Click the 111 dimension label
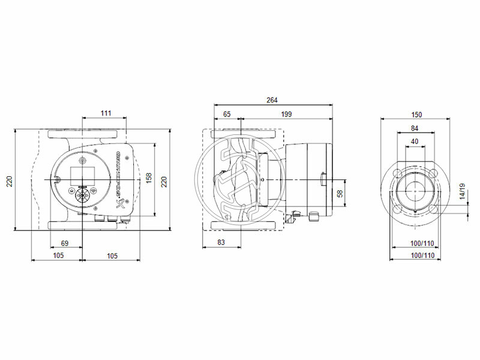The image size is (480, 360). click(x=106, y=113)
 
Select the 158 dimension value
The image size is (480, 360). click(x=149, y=178)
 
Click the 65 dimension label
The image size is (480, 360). click(x=227, y=113)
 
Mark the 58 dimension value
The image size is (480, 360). click(x=340, y=194)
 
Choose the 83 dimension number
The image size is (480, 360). click(x=221, y=242)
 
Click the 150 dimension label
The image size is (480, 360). click(x=416, y=114)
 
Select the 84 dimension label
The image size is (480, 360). click(x=415, y=128)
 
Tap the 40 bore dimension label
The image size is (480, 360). click(x=415, y=142)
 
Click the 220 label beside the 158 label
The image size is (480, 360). click(x=164, y=181)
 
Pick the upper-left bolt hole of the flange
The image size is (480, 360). click(x=397, y=173)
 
